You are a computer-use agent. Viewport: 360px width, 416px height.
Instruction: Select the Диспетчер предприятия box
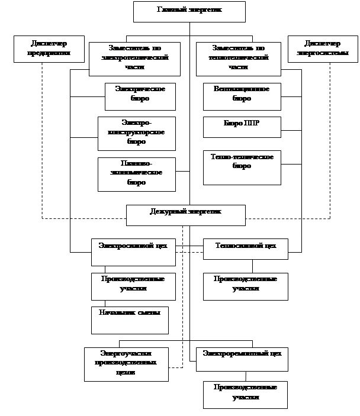pos(41,49)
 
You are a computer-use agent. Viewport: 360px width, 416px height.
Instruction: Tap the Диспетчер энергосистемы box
pos(323,49)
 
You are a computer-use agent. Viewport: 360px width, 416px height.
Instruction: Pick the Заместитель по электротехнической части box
pos(135,59)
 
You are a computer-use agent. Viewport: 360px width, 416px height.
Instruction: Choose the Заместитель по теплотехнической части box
pos(238,59)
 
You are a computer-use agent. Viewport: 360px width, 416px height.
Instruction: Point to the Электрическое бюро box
pos(140,96)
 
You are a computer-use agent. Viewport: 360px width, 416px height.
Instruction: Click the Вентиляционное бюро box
pos(242,96)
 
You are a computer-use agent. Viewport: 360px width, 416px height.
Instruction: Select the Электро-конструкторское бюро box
pos(136,133)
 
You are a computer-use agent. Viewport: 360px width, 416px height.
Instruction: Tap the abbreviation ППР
pos(252,123)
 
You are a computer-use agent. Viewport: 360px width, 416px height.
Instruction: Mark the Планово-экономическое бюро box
pos(136,174)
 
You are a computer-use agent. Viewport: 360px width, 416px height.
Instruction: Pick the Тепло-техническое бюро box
pos(242,167)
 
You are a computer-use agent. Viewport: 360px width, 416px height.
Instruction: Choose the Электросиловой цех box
pos(133,252)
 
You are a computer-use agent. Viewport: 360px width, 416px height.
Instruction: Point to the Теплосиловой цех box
pos(245,249)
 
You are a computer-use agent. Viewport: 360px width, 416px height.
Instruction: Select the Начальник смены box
pos(130,320)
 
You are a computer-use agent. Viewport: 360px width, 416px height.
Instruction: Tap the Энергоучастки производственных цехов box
pos(126,365)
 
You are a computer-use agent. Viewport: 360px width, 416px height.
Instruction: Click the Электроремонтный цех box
pos(242,359)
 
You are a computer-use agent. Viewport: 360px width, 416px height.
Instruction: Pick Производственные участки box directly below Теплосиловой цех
pos(245,286)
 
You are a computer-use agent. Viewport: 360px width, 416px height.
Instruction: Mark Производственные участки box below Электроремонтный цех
pos(245,395)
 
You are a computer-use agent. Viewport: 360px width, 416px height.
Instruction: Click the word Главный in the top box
pos(172,10)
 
